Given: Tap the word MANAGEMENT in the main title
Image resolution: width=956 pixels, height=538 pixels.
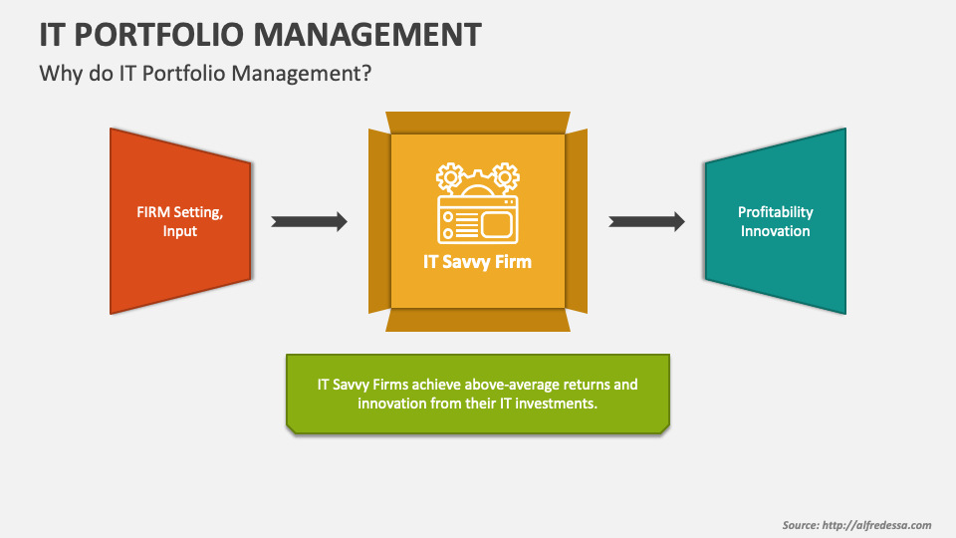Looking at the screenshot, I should pyautogui.click(x=367, y=34).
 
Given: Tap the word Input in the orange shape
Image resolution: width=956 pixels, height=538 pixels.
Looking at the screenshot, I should pyautogui.click(x=180, y=231).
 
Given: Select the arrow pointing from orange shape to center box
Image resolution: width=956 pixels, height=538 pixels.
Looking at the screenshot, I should pyautogui.click(x=309, y=221).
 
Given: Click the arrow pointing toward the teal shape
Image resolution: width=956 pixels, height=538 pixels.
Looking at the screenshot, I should pyautogui.click(x=646, y=221).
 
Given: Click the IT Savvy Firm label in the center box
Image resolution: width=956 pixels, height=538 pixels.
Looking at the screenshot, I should pyautogui.click(x=478, y=262).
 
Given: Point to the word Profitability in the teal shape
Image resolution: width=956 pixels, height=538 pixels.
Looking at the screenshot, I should pyautogui.click(x=775, y=212).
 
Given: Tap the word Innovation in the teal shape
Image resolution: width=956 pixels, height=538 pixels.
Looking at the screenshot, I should pyautogui.click(x=775, y=231).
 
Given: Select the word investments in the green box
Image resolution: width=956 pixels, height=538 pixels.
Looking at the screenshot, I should pyautogui.click(x=557, y=403).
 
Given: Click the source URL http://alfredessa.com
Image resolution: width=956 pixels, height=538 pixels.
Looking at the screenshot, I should pyautogui.click(x=877, y=525).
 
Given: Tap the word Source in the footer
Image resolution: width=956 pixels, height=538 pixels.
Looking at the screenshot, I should pyautogui.click(x=800, y=525).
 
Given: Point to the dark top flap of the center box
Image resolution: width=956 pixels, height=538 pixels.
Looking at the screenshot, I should pyautogui.click(x=478, y=122).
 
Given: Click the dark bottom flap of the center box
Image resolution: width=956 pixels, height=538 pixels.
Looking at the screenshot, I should pyautogui.click(x=478, y=320).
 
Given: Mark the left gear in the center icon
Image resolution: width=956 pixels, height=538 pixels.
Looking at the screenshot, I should pyautogui.click(x=450, y=176).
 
